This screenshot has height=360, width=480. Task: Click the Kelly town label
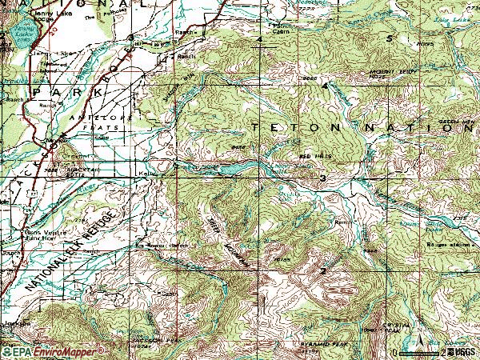[146, 171]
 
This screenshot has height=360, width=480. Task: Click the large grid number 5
[389, 38]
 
